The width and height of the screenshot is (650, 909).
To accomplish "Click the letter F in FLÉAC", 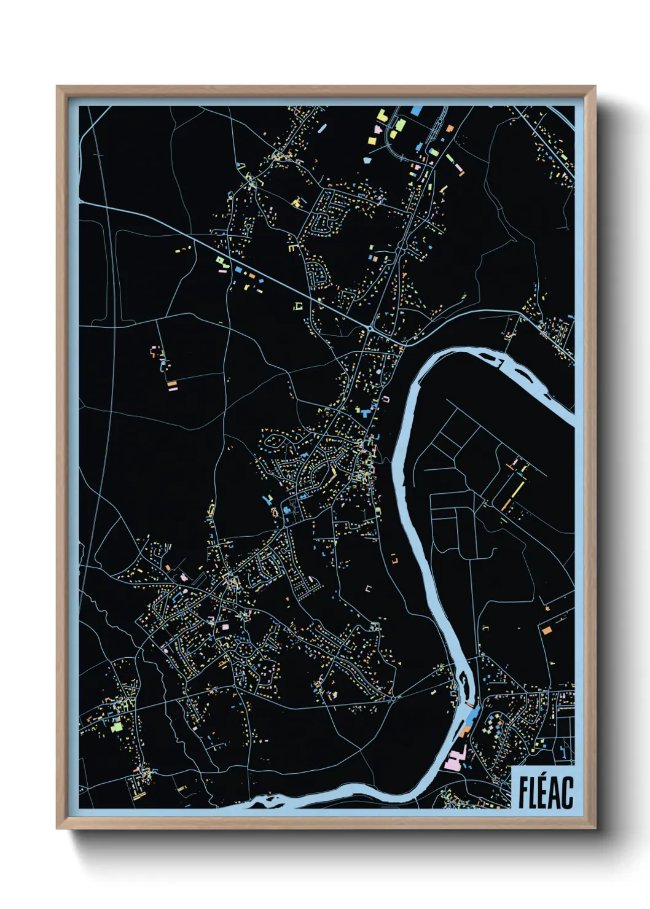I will coord(523,793).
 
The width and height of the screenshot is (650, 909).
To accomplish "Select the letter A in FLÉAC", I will coord(557,793).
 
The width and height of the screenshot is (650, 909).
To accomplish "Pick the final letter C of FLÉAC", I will coord(568,793).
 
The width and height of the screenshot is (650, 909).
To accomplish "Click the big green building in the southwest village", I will coord(116,727).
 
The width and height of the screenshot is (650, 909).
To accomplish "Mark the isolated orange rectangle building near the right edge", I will coord(546,630).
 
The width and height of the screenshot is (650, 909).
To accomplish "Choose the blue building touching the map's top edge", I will coord(416,111).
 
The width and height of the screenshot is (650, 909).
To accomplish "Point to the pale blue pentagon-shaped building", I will coord(367,160).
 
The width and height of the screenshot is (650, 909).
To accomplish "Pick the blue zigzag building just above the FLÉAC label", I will coord(565,751).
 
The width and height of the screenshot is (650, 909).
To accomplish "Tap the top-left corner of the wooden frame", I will coord(57,87).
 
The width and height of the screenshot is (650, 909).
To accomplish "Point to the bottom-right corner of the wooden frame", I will coord(595,829).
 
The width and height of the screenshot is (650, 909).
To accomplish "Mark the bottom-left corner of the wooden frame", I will coord(57,829).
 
